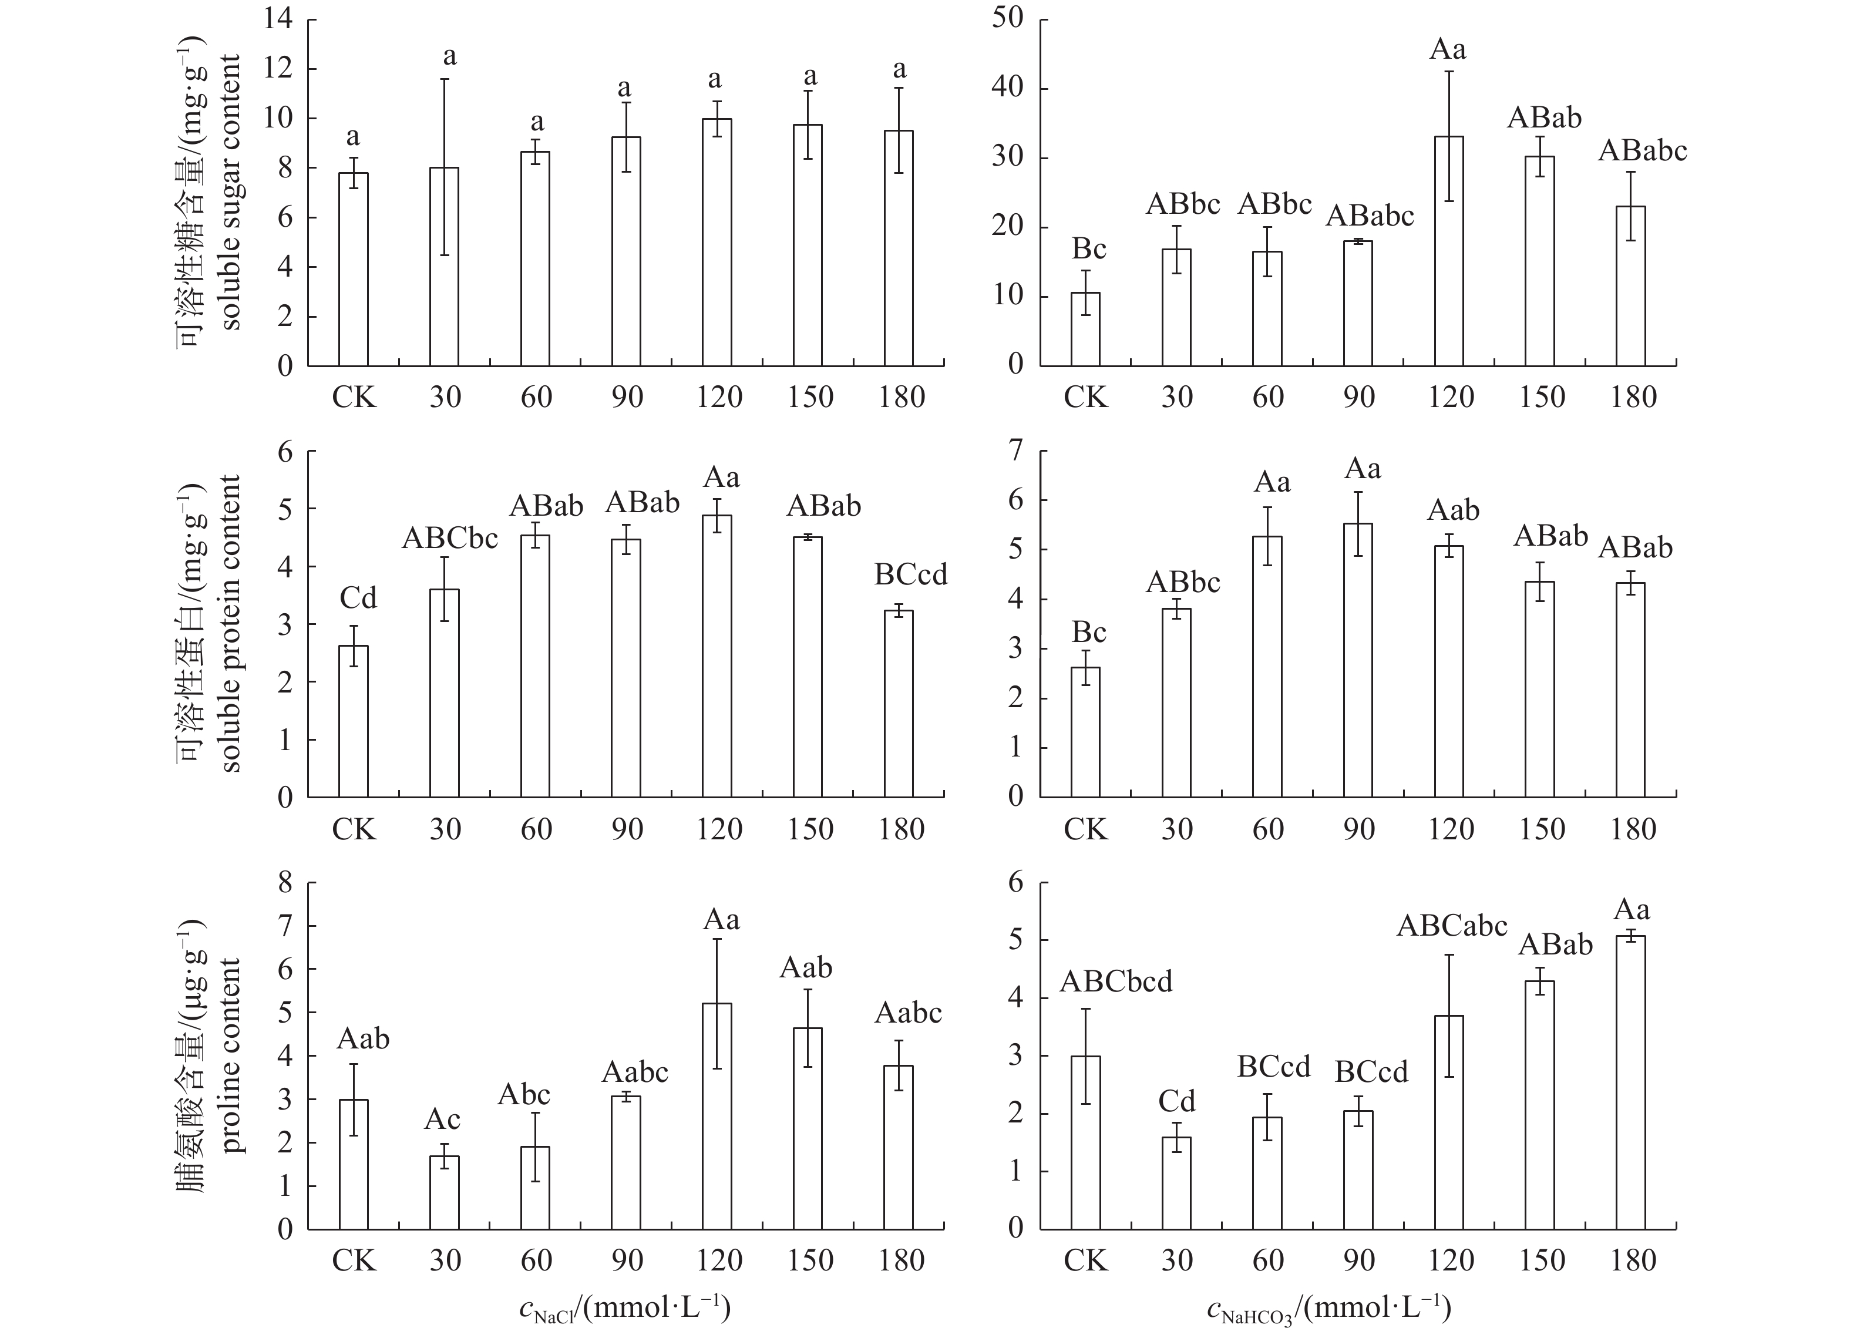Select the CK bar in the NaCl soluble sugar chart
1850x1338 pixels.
(x=353, y=269)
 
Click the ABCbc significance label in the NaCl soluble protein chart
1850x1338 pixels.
(x=449, y=539)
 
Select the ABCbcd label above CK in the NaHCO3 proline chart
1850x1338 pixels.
(x=1116, y=981)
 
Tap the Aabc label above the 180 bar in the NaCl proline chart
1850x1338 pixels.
(x=908, y=1013)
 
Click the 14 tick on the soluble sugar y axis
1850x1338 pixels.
(x=278, y=19)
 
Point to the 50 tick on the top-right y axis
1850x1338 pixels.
(x=1008, y=19)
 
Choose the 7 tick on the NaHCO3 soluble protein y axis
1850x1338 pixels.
(x=1015, y=451)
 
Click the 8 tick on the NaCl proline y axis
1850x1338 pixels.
(x=285, y=883)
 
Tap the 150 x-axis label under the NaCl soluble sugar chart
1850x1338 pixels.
(x=810, y=397)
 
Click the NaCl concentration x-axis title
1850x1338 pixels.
(x=625, y=1309)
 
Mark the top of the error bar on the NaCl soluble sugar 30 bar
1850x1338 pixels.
(x=445, y=79)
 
